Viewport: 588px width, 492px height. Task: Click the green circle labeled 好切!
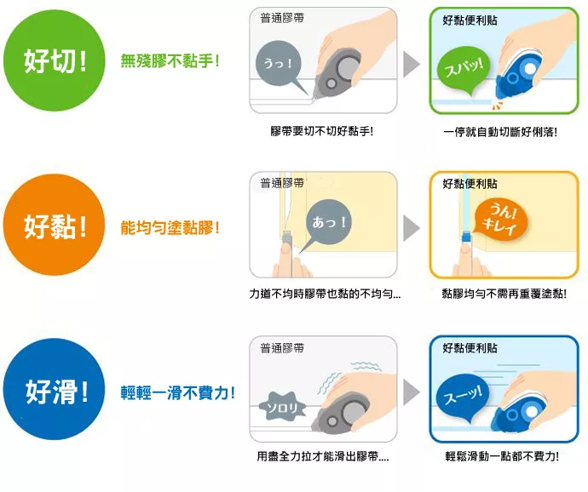(55, 60)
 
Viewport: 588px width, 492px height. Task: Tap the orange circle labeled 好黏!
(54, 225)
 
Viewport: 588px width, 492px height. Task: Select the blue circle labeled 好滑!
(54, 389)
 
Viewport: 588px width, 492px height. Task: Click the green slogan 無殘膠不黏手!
(170, 60)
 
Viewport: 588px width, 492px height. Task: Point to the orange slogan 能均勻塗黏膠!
(170, 227)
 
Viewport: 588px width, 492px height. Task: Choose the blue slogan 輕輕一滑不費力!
(178, 392)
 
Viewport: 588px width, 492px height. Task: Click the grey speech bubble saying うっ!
(280, 66)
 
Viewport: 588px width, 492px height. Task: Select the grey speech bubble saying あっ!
(326, 224)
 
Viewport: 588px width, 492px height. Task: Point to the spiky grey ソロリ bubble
(282, 407)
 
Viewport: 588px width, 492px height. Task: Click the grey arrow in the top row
(412, 64)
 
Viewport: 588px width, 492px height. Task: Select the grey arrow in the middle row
(412, 228)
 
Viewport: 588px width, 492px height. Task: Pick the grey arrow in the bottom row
(412, 392)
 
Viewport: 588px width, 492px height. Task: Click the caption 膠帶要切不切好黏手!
(322, 131)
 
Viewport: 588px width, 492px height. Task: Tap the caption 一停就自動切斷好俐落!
(500, 132)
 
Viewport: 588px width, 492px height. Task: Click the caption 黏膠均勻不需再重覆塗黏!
(504, 294)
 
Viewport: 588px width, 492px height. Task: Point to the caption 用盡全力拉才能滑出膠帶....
(322, 456)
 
